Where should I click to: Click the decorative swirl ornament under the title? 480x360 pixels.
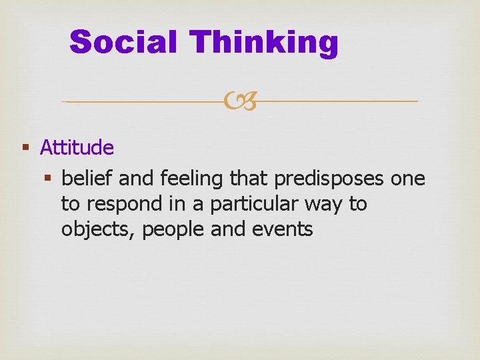(x=240, y=101)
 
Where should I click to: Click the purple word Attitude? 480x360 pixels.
(x=77, y=147)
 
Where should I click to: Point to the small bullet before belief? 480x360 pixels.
(x=47, y=178)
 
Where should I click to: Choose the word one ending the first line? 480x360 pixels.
(x=407, y=178)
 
